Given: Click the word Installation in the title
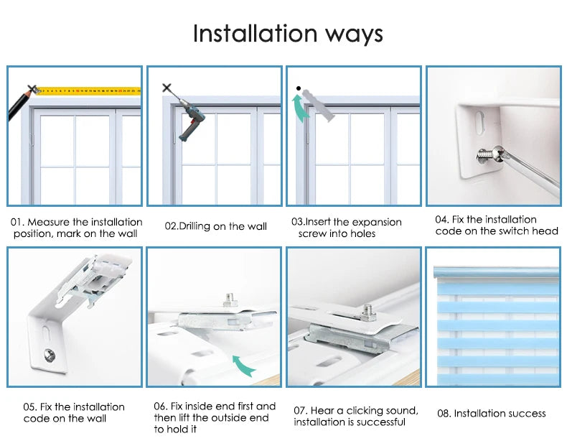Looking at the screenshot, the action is coord(255,33).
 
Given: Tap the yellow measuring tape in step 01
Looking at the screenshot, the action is coord(89,90).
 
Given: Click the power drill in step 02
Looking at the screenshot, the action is coord(190,119).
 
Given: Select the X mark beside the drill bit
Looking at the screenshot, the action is coord(167,88).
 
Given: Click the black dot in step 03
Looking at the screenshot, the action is coord(299,88).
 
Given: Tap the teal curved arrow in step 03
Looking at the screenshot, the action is coord(300,108).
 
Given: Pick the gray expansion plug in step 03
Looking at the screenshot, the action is coord(319,105).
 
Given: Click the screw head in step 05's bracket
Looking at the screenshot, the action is coord(50,355).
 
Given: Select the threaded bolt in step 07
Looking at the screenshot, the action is coord(367,312).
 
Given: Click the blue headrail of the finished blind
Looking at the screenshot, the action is coord(497,273).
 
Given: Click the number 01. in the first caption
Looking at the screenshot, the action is coord(17,222).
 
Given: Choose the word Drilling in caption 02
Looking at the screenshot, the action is coord(195,226).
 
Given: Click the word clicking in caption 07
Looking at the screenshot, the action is coord(363,411).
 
